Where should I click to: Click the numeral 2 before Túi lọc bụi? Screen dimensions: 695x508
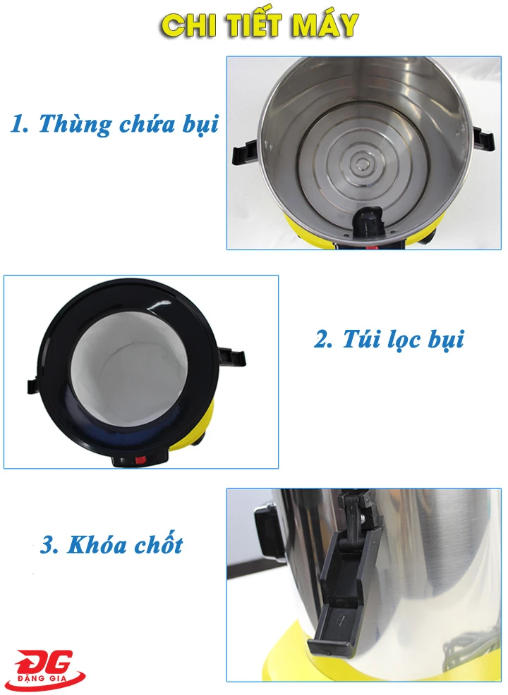(322, 339)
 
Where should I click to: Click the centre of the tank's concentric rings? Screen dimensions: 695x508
(363, 165)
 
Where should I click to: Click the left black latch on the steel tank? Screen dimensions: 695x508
(243, 152)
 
